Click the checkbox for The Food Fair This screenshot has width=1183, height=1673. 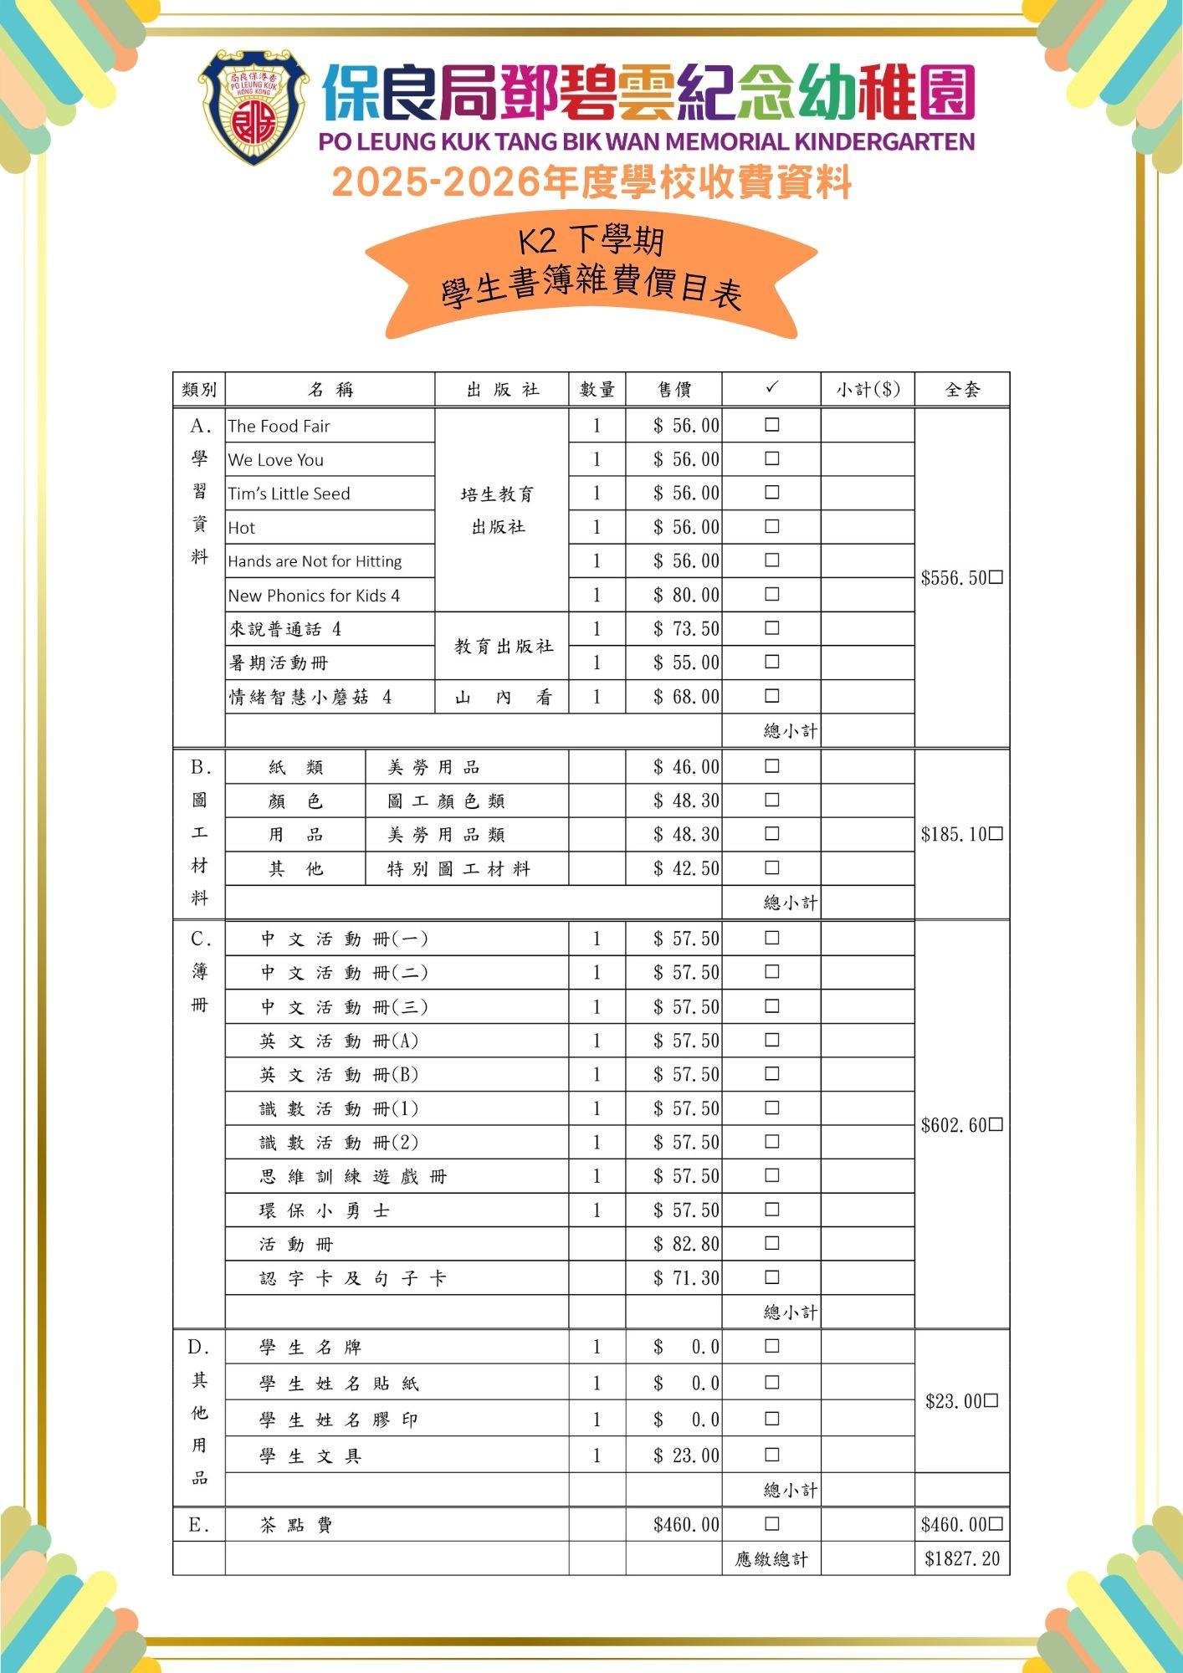[x=771, y=425]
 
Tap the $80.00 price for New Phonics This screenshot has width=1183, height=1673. [x=686, y=595]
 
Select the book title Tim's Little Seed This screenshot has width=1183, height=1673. [x=289, y=494]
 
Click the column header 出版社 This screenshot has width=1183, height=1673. [x=502, y=390]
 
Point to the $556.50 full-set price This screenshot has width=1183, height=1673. [x=954, y=578]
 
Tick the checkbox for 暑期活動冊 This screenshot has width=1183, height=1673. [x=771, y=662]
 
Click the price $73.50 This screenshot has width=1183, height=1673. [x=686, y=629]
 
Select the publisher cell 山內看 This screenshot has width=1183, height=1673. [x=502, y=698]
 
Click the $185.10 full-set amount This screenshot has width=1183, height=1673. [x=954, y=834]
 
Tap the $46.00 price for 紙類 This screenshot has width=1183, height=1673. [x=686, y=767]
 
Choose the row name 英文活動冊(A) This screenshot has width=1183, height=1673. [x=338, y=1041]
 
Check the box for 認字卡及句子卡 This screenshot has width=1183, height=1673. [x=771, y=1277]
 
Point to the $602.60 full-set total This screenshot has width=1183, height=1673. [x=954, y=1125]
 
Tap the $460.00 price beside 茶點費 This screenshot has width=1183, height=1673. [x=686, y=1525]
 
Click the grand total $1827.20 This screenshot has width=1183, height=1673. [x=962, y=1559]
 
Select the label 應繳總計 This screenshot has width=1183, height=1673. [x=771, y=1559]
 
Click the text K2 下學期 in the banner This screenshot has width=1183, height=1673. [x=591, y=243]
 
